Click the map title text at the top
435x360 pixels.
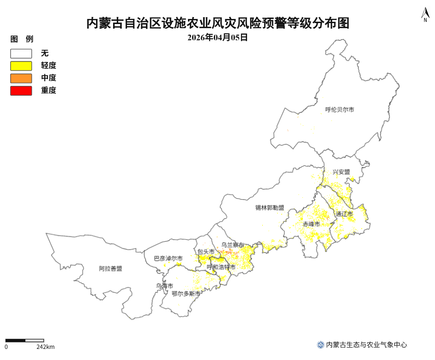pos(217,23)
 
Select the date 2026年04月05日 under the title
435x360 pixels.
pos(217,38)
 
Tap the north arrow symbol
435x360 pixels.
pos(425,15)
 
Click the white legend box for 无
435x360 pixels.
pos(21,54)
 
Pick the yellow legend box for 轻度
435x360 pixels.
pos(21,66)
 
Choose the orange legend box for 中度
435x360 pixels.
pos(21,78)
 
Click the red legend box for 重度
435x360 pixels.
pos(21,91)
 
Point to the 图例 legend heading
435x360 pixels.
pos(22,39)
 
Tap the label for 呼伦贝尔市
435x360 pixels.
pos(339,110)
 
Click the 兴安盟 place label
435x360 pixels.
pos(342,172)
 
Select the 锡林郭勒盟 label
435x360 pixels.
pos(270,208)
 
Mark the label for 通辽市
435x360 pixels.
pos(344,214)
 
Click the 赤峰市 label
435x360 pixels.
pos(311,224)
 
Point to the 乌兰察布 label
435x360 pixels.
pos(232,245)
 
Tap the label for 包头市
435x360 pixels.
pos(206,252)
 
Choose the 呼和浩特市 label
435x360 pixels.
pos(221,267)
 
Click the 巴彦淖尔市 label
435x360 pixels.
pos(168,259)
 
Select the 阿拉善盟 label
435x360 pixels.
pos(111,268)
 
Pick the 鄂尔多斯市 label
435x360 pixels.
pos(186,293)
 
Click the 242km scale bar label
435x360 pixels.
pos(46,347)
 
